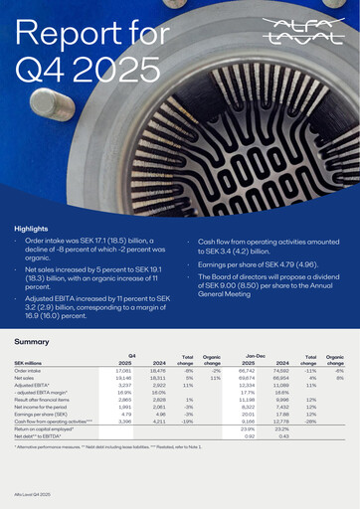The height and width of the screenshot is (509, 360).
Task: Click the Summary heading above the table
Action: tap(33, 341)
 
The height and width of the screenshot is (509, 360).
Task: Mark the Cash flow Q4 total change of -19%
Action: tap(186, 422)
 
